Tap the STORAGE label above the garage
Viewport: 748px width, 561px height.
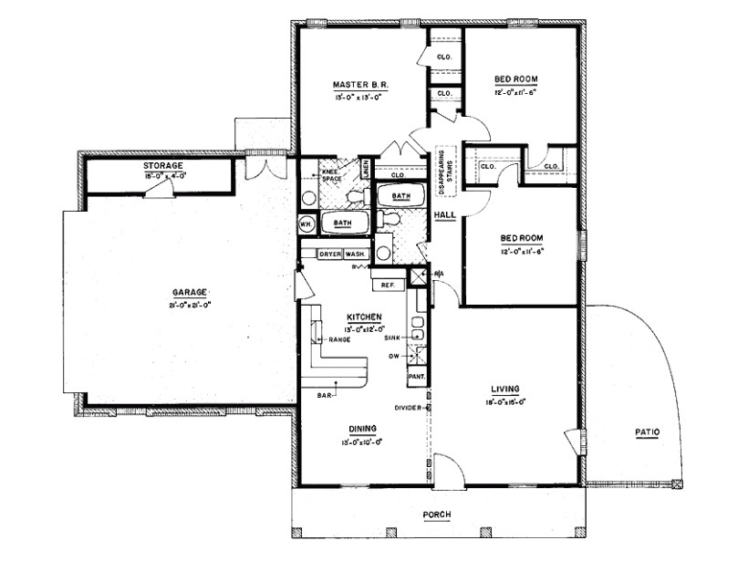pyautogui.click(x=163, y=165)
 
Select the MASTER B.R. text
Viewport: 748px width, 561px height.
pyautogui.click(x=360, y=85)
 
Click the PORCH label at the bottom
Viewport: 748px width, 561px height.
pyautogui.click(x=436, y=515)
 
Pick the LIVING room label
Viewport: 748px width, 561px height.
pyautogui.click(x=504, y=389)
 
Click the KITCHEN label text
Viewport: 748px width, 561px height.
pyautogui.click(x=362, y=317)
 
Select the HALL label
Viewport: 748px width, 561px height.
pyautogui.click(x=445, y=214)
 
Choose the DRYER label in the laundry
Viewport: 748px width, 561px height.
pyautogui.click(x=328, y=254)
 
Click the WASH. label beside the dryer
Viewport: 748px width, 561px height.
pyautogui.click(x=355, y=254)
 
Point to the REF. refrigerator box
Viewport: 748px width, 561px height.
pyautogui.click(x=387, y=285)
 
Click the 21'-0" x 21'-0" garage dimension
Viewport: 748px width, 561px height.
pyautogui.click(x=189, y=305)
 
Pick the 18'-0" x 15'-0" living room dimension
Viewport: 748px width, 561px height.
pyautogui.click(x=504, y=401)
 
